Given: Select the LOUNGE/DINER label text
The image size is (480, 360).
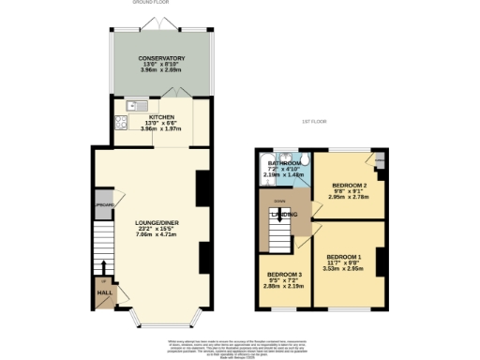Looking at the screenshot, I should click(155, 222).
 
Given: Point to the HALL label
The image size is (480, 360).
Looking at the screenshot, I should click(104, 293).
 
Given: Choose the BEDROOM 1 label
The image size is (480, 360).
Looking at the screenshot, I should click(345, 256).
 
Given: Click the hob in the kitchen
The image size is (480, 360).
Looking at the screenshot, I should click(121, 122).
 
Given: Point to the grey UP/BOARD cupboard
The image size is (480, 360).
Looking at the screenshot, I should click(104, 206).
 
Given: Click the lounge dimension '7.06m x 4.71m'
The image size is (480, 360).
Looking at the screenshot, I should click(155, 234).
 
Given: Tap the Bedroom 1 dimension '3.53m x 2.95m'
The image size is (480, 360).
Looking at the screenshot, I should click(345, 267).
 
